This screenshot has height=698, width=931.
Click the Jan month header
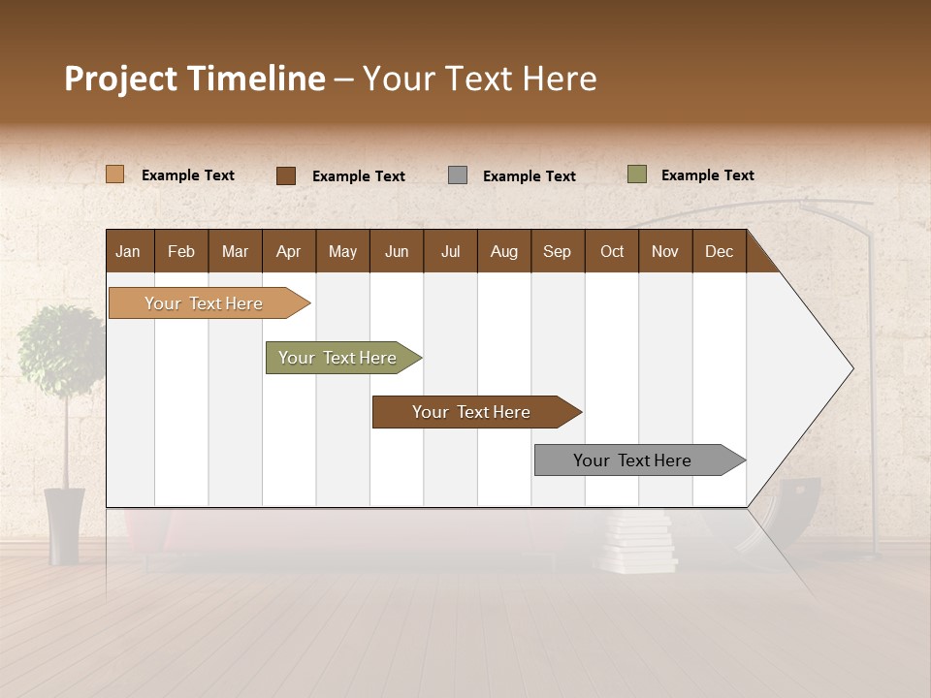(x=128, y=251)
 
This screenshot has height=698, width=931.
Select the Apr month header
(x=289, y=251)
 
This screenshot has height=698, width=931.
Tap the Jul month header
(x=451, y=251)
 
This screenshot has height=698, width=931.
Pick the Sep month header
(x=557, y=251)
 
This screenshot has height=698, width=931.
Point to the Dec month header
(x=719, y=251)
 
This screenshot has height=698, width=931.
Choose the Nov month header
(x=665, y=251)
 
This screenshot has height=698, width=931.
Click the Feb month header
(x=181, y=251)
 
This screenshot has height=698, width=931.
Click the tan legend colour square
(x=115, y=174)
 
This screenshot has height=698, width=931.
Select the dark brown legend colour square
(x=286, y=175)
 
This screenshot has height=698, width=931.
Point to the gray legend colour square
(x=458, y=175)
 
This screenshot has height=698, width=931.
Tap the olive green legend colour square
(x=637, y=174)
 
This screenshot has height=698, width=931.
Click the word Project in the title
(x=121, y=79)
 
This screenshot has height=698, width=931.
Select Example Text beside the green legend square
(x=707, y=175)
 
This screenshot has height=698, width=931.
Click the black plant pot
(x=64, y=525)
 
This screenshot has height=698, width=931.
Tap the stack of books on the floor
(x=637, y=544)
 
